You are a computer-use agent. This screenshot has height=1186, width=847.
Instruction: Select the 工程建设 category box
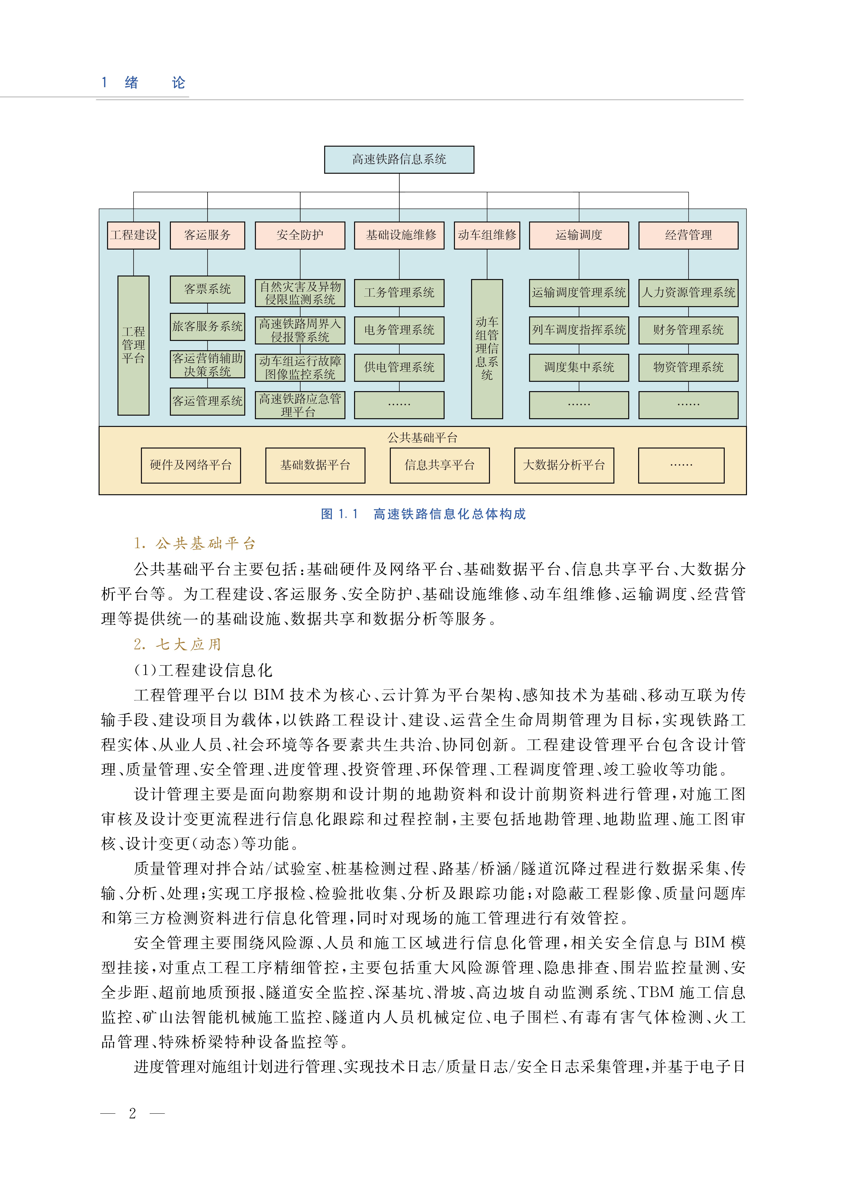pyautogui.click(x=133, y=235)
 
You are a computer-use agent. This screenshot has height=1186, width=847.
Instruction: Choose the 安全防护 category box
pyautogui.click(x=300, y=235)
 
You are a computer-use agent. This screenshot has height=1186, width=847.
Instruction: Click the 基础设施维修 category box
pyautogui.click(x=399, y=235)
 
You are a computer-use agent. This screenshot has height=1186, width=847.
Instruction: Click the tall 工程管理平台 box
pyautogui.click(x=133, y=345)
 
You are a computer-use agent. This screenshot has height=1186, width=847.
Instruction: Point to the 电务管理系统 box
pyautogui.click(x=399, y=330)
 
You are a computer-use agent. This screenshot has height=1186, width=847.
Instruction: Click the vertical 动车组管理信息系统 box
pyautogui.click(x=487, y=348)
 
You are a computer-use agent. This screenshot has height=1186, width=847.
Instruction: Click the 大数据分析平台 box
pyautogui.click(x=564, y=465)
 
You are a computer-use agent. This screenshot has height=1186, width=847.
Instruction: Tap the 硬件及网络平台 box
pyautogui.click(x=191, y=465)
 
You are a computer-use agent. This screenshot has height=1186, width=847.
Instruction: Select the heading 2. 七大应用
pyautogui.click(x=177, y=645)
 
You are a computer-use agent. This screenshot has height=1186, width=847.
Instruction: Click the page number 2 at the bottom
pyautogui.click(x=133, y=1114)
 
